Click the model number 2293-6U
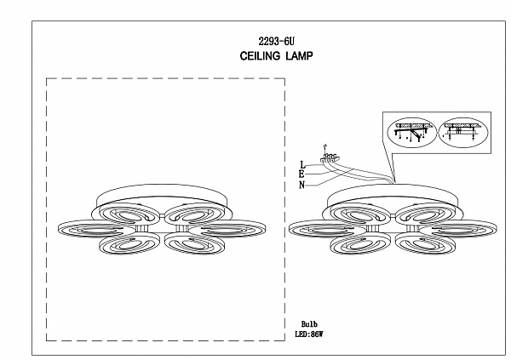click(276, 42)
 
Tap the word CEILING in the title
click(260, 56)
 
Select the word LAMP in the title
click(300, 56)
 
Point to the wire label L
click(302, 165)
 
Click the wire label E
click(302, 174)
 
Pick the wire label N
click(302, 185)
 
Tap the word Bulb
click(309, 324)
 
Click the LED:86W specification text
click(308, 334)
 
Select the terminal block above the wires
click(330, 157)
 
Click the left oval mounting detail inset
click(412, 132)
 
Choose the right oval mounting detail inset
click(464, 132)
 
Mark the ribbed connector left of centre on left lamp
click(141, 228)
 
